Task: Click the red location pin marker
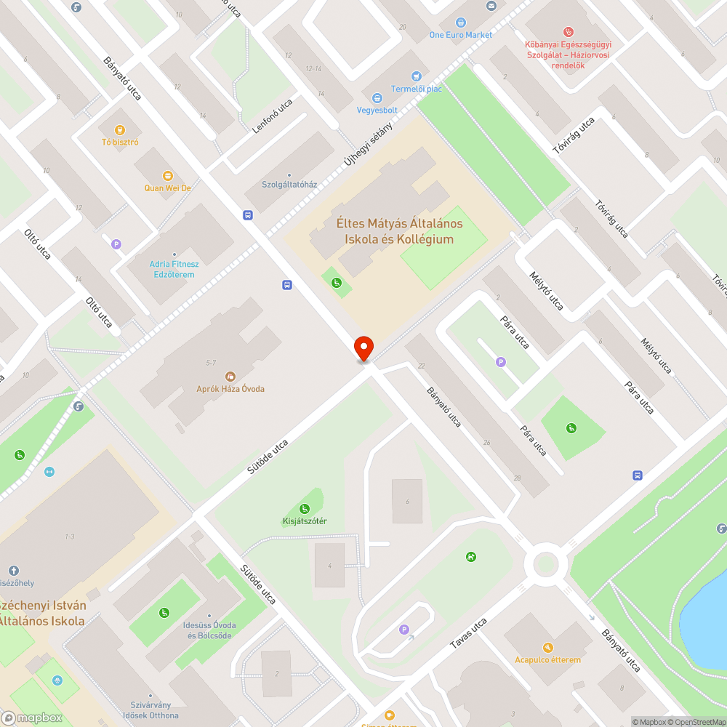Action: click(x=363, y=348)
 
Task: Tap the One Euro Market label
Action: click(x=460, y=35)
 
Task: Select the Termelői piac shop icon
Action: click(x=416, y=76)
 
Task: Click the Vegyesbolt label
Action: click(x=377, y=111)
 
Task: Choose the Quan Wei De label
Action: click(x=167, y=188)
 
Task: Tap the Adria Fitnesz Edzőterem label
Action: click(x=174, y=269)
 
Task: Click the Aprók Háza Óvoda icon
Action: click(x=230, y=376)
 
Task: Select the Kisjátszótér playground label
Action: click(x=304, y=521)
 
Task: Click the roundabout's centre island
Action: click(x=546, y=563)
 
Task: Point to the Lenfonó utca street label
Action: click(x=272, y=116)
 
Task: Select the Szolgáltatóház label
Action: click(x=289, y=185)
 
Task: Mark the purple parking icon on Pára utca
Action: click(x=500, y=361)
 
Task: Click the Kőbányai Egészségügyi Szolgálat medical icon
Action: click(x=569, y=32)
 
